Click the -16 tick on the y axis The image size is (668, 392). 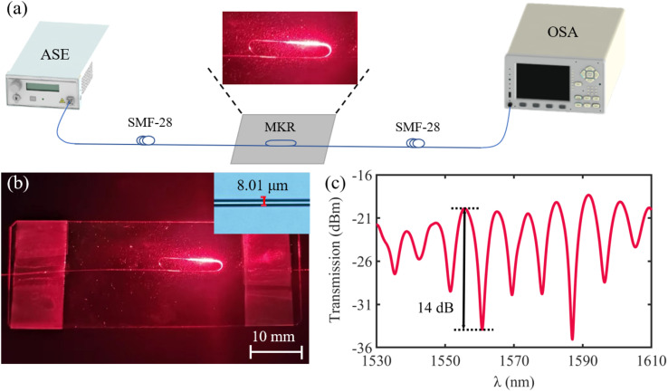[x=362, y=176]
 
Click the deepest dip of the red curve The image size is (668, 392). [x=572, y=339]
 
